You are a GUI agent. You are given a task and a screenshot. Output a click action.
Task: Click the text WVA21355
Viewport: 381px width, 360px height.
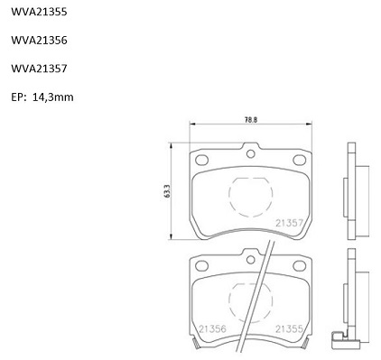pyautogui.click(x=39, y=12)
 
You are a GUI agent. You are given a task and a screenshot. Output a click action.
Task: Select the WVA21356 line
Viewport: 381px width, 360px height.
pyautogui.click(x=39, y=41)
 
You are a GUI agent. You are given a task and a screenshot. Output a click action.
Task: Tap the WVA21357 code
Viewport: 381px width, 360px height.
pyautogui.click(x=39, y=69)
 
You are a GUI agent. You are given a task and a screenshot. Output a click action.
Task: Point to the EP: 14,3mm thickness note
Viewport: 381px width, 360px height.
pyautogui.click(x=42, y=97)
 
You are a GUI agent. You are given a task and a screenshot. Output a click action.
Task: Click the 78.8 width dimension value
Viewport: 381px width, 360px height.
pyautogui.click(x=251, y=120)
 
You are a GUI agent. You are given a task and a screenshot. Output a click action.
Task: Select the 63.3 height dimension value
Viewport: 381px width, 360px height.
pyautogui.click(x=168, y=191)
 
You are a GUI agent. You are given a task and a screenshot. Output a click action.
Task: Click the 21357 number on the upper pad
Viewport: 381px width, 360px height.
pyautogui.click(x=289, y=223)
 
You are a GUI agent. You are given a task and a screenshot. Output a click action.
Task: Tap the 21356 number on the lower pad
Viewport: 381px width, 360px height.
pyautogui.click(x=212, y=328)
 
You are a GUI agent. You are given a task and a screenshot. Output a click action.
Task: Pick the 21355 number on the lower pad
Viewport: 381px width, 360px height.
pyautogui.click(x=289, y=328)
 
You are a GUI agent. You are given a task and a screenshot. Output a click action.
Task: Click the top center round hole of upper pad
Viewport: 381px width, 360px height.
pyautogui.click(x=251, y=154)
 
